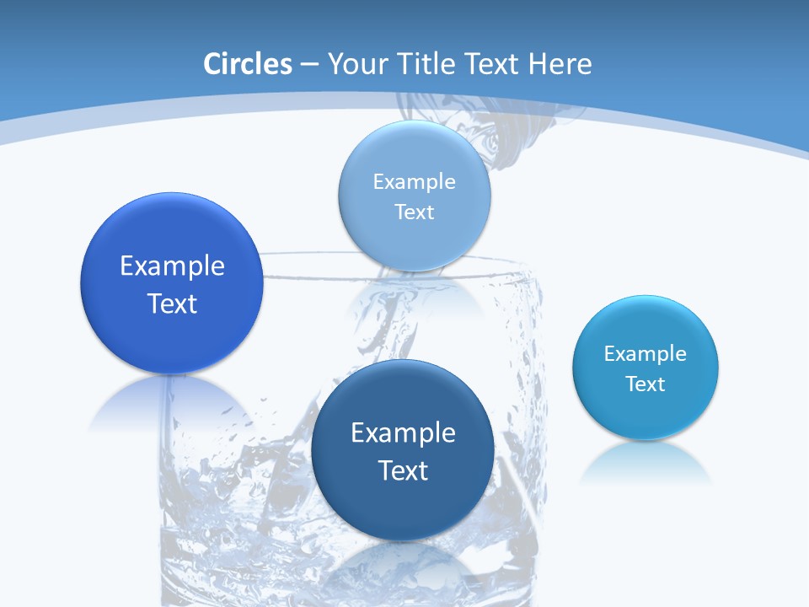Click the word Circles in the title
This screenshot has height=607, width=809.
pos(247,64)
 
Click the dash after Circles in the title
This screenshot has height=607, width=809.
pos(309,65)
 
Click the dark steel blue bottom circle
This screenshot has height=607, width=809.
pos(403,506)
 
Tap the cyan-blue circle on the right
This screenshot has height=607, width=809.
pos(646,413)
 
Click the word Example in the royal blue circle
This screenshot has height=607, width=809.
pos(172,266)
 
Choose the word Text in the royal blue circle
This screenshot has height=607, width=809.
pos(172,303)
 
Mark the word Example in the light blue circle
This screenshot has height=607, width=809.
pos(414,182)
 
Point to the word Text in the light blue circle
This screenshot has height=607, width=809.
pos(414,212)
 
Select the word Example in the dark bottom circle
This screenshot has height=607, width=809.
pos(403,433)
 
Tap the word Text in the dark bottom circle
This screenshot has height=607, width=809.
pos(403,470)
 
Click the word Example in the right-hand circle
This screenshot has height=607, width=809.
pos(646,354)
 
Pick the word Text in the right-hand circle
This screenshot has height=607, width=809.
pos(646,384)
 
